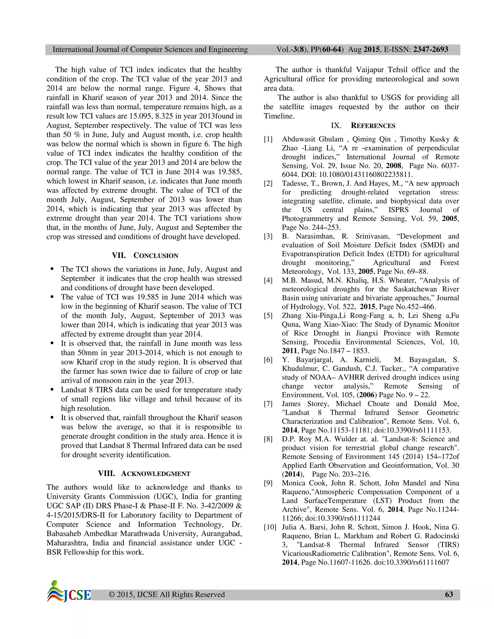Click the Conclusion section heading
pyautogui.click(x=145, y=255)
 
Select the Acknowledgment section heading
pyautogui.click(x=144, y=473)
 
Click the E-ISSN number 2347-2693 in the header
pyautogui.click(x=431, y=49)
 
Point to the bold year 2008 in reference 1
pyautogui.click(x=394, y=166)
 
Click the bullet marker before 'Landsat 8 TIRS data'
pyautogui.click(x=52, y=390)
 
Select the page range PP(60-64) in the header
pyautogui.click(x=327, y=49)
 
